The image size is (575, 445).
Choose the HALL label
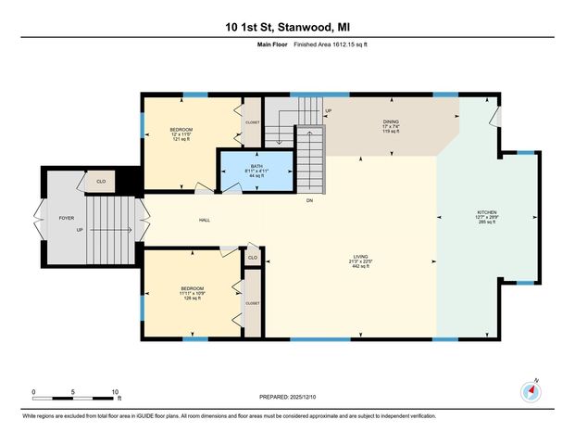pos(205,220)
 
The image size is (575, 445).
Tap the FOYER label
pos(66,218)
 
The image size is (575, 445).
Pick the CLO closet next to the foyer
pos(101,182)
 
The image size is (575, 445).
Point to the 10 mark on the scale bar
pos(115,390)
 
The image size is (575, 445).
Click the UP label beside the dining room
pos(328,110)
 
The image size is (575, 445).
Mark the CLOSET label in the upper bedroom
pos(252,121)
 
